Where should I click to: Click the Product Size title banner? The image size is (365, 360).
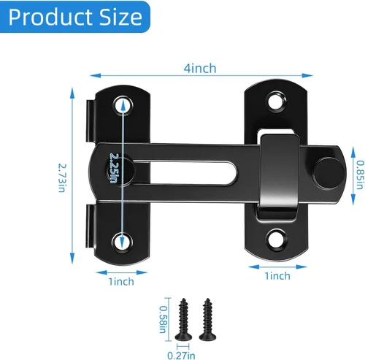coord(75,17)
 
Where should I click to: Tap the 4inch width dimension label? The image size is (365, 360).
coord(200,69)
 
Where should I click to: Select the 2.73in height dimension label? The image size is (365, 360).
coord(62,178)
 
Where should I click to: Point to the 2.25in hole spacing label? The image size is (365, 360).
coord(113,168)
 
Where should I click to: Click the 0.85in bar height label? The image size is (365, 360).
coord(360,175)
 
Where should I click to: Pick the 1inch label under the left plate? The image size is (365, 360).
coord(121,282)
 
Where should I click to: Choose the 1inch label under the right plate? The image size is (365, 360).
coord(277,276)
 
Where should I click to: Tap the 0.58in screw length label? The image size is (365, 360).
coord(163,319)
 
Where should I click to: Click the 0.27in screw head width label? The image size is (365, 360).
coord(181,356)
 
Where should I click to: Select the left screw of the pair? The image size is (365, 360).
coord(183,319)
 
